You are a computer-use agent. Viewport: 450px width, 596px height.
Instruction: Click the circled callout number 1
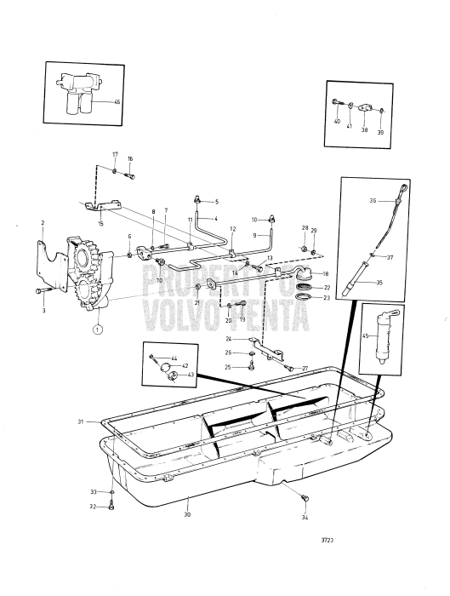pyautogui.click(x=98, y=328)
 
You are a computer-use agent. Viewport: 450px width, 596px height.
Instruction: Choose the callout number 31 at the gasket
pyautogui.click(x=81, y=421)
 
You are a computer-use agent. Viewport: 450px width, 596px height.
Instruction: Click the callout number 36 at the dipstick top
pyautogui.click(x=373, y=202)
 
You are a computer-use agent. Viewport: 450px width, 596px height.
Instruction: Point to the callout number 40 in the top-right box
pyautogui.click(x=337, y=123)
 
